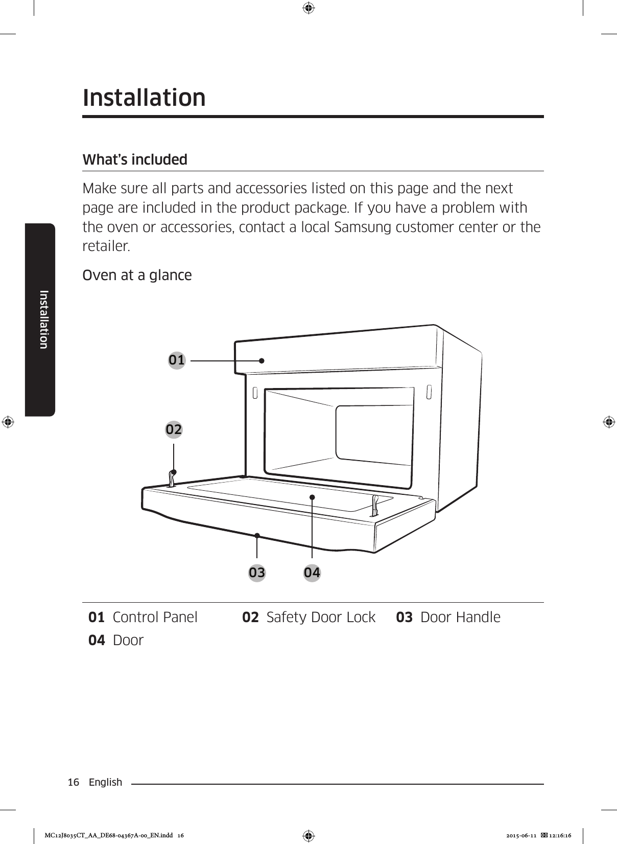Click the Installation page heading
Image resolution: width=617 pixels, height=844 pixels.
click(144, 98)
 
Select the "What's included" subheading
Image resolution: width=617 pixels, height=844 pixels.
click(135, 159)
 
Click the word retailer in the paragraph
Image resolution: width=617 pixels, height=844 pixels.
click(106, 246)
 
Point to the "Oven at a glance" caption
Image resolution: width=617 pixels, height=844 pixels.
click(137, 276)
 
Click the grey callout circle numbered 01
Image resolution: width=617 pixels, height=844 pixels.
click(177, 360)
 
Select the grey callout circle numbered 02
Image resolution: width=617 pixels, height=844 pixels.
click(174, 429)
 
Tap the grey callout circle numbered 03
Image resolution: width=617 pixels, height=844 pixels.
click(257, 573)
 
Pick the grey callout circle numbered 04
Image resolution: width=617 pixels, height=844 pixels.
click(312, 573)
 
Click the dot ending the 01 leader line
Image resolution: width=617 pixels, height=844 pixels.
click(261, 360)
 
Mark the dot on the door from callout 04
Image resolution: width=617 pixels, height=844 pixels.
click(312, 497)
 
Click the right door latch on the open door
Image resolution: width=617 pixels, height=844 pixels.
click(375, 506)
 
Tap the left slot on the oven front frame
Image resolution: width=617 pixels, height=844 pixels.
click(254, 393)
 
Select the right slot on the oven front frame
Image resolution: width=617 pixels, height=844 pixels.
click(429, 392)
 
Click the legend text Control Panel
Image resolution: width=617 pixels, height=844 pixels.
click(155, 618)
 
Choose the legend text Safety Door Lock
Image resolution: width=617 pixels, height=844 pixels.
click(321, 618)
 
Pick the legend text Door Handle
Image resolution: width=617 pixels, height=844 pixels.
click(460, 618)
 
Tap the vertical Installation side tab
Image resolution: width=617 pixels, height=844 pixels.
click(44, 320)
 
